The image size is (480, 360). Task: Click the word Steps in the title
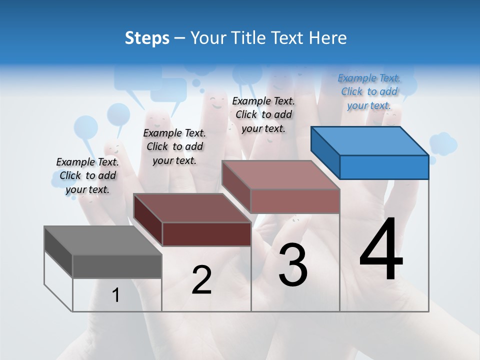(x=147, y=38)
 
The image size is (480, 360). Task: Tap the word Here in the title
(x=328, y=38)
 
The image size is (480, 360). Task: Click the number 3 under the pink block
(x=292, y=265)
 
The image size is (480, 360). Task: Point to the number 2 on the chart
(x=201, y=280)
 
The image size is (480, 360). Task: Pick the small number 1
(x=115, y=295)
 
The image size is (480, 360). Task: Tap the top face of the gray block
(x=103, y=240)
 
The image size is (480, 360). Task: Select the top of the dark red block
(x=192, y=207)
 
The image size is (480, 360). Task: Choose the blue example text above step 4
(x=369, y=91)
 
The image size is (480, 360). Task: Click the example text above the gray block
(x=87, y=175)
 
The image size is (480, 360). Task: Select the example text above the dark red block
(x=174, y=146)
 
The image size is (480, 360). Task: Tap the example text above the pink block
(x=263, y=114)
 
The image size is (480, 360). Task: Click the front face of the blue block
(x=384, y=167)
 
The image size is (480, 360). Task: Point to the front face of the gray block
(x=117, y=266)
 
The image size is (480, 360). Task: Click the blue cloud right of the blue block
(x=443, y=144)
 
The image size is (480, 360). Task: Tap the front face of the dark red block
(x=206, y=234)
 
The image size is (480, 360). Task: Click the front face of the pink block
(x=295, y=201)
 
